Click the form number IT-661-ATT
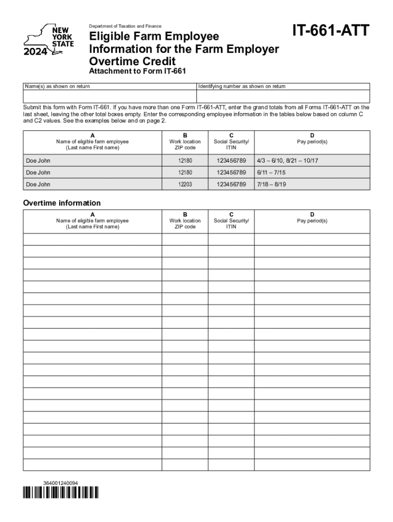pos(330,32)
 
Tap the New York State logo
pos(49,38)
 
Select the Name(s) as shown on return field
pos(110,96)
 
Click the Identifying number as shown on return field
pos(283,96)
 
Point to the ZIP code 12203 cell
pos(185,184)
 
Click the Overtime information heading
pos(62,203)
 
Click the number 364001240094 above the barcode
pos(61,482)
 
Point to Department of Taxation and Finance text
pos(125,26)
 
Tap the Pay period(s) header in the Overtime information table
pos(312,221)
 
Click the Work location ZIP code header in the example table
pos(185,144)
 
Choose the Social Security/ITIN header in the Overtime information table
pos(231,223)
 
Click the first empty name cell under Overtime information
pos(92,239)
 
